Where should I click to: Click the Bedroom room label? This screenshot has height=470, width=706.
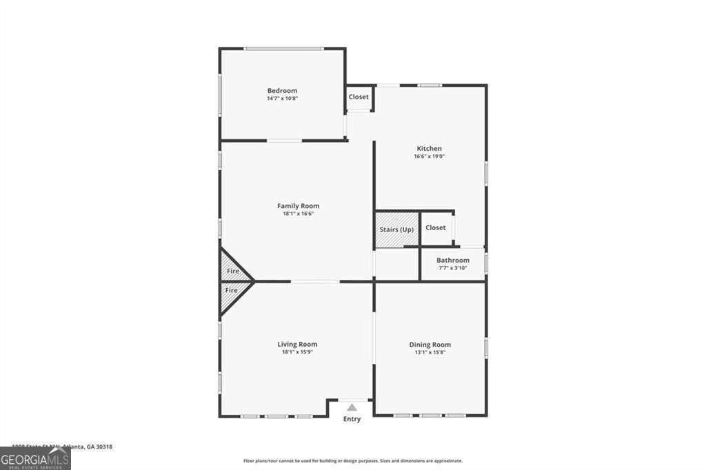(x=282, y=91)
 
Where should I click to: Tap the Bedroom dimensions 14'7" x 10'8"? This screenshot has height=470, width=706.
(x=282, y=99)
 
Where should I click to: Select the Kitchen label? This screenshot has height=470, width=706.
(x=429, y=149)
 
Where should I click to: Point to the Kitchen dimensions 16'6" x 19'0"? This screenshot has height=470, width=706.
(x=429, y=156)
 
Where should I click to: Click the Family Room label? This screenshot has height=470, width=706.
(x=298, y=206)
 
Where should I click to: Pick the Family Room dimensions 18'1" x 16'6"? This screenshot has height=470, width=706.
(x=298, y=214)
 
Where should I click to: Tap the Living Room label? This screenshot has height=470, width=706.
(x=297, y=345)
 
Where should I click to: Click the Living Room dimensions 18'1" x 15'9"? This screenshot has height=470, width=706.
(x=297, y=352)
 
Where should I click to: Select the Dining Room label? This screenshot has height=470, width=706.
(x=430, y=345)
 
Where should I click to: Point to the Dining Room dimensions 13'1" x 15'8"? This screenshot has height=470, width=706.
(x=430, y=352)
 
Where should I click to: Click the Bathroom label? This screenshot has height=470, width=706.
(x=453, y=260)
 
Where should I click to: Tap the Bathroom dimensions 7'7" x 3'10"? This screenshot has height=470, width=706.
(x=453, y=268)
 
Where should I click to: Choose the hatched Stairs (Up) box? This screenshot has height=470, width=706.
(x=397, y=229)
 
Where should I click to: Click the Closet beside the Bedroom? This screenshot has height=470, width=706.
(x=359, y=97)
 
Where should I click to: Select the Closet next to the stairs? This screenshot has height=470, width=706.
(x=436, y=227)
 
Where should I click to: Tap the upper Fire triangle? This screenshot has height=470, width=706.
(x=232, y=271)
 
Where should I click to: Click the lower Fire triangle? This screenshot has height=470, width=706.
(x=232, y=291)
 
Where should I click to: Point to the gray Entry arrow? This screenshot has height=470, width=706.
(x=352, y=407)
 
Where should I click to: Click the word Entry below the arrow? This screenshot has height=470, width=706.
(x=352, y=419)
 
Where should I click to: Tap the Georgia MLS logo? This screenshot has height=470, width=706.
(x=35, y=458)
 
